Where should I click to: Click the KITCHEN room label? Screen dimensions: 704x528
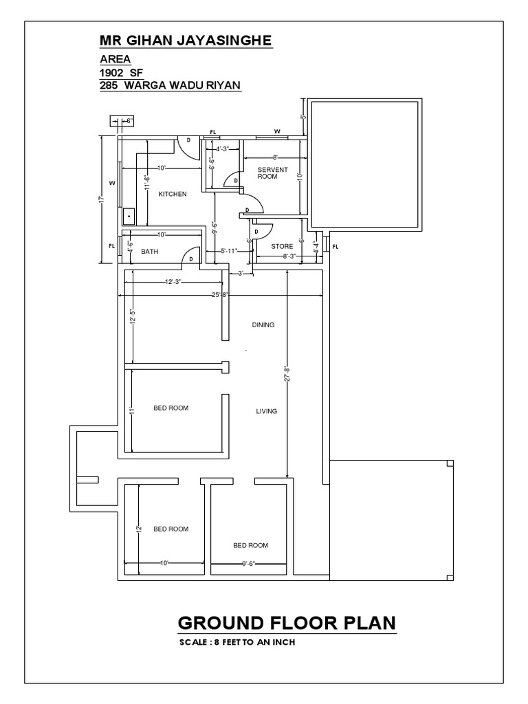173,195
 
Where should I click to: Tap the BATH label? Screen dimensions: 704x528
150,252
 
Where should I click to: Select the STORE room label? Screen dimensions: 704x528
282,245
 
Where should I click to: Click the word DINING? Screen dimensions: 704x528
263,325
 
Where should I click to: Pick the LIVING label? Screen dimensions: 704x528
266,411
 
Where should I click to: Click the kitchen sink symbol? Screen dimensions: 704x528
128,216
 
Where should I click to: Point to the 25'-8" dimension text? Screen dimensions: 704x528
221,296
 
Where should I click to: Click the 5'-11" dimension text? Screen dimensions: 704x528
228,251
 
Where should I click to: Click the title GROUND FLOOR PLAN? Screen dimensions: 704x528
286,623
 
